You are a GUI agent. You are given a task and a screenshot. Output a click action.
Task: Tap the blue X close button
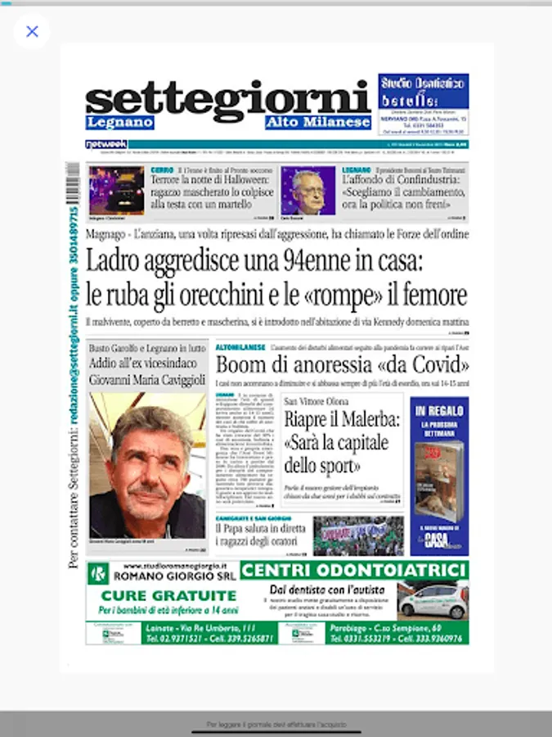(x=32, y=32)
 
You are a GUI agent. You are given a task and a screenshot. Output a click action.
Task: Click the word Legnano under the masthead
(x=120, y=123)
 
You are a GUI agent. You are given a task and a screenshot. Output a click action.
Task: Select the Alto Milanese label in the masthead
(x=317, y=123)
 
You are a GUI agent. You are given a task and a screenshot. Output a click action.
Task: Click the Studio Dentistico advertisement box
(x=424, y=104)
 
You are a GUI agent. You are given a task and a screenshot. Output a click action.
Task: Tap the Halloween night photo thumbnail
(x=117, y=190)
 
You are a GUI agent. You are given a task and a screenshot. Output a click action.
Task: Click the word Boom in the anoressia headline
(x=243, y=365)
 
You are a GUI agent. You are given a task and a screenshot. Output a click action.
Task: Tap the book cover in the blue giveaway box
(x=438, y=479)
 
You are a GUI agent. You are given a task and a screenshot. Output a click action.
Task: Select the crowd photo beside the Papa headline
(x=358, y=536)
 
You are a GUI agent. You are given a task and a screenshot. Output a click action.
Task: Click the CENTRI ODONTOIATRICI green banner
(x=354, y=570)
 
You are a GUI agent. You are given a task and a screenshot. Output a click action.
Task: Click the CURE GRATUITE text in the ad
(x=167, y=595)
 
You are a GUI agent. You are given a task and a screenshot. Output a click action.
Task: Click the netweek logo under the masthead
(x=106, y=144)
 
